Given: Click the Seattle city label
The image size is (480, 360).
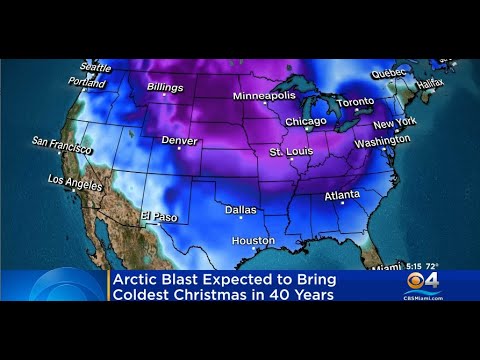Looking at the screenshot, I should [96, 67].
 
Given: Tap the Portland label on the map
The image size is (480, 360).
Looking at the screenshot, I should [87, 82].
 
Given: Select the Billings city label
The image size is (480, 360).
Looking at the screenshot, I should [165, 87].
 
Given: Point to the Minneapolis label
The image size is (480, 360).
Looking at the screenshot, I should [264, 95].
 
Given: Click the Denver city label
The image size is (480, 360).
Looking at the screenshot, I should [179, 140].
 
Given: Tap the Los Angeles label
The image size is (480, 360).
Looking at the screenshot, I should [75, 183].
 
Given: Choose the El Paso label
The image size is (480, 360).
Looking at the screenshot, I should [158, 216].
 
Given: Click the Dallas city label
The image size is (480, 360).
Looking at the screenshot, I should [240, 210].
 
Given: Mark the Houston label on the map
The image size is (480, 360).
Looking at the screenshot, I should [253, 241].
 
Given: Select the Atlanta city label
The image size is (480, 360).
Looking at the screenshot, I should [343, 196].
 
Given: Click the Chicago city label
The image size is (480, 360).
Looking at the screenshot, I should [305, 121].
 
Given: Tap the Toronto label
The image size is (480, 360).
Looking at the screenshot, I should [355, 102].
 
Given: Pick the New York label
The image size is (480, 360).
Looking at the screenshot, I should [394, 124].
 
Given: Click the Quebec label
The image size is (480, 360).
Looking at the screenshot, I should [389, 73].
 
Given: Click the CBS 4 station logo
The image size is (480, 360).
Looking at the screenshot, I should [422, 282].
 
